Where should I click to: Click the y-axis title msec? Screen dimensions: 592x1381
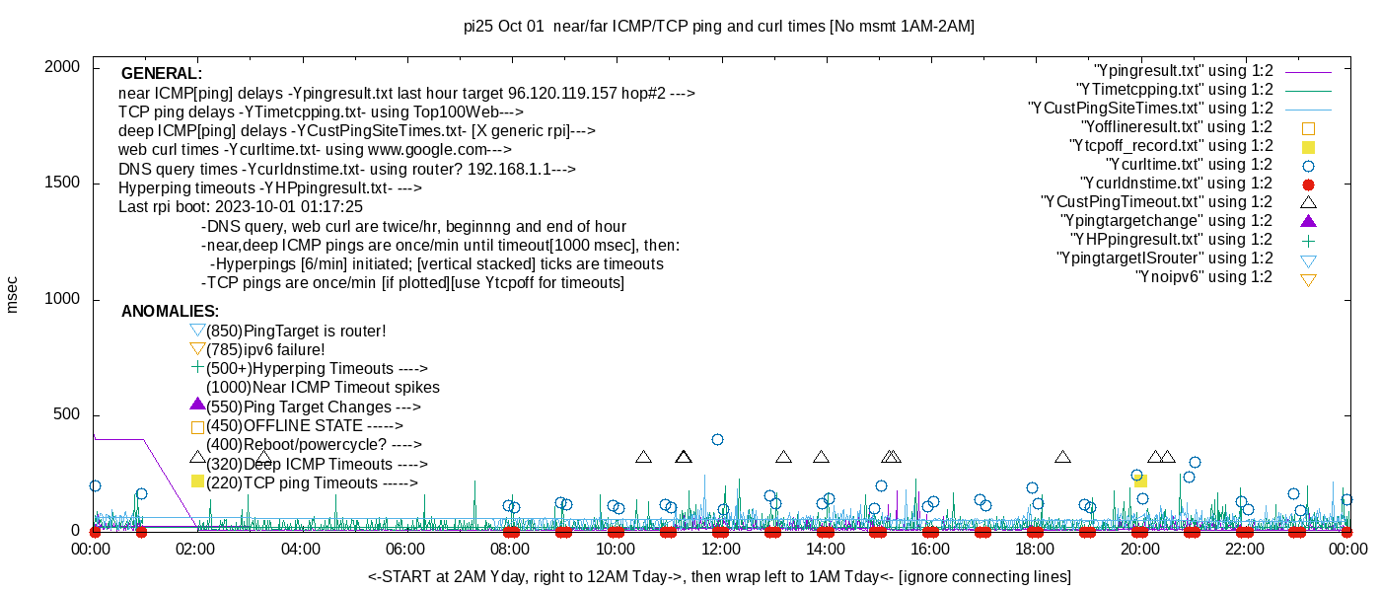coord(13,294)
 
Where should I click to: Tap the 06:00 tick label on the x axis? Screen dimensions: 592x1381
coord(405,550)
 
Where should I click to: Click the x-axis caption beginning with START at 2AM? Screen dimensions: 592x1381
coord(719,576)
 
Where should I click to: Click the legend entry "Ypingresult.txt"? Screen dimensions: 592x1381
coord(1184,71)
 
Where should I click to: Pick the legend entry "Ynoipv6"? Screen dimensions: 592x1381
coord(1204,277)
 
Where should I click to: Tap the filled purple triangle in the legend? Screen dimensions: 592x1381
coord(1309,221)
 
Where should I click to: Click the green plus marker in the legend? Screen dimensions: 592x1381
coord(1309,240)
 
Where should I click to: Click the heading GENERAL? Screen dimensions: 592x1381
coord(162,74)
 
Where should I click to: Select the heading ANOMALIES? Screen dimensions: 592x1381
coord(171,312)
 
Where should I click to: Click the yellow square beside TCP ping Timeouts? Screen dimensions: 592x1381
coord(197,481)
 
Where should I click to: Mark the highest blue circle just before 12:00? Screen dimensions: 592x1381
coord(717,439)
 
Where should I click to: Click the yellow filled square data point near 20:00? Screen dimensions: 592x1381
coord(1140,481)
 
